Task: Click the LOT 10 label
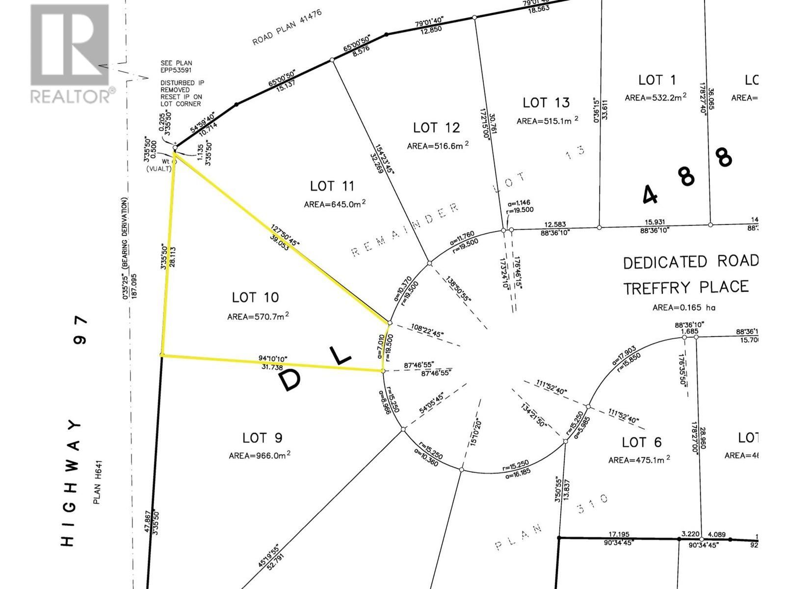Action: tap(255, 297)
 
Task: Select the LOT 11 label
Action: tap(332, 187)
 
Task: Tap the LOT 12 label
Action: tap(436, 128)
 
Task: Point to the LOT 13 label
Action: tap(546, 103)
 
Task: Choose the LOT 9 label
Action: tap(262, 438)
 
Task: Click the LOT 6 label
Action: tap(642, 442)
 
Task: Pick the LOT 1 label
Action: tap(657, 80)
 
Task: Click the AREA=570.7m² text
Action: tap(258, 317)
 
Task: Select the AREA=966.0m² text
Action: tap(260, 455)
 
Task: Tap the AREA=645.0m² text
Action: tap(335, 204)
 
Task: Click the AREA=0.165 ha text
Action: tap(684, 308)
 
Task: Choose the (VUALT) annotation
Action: tap(158, 168)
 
